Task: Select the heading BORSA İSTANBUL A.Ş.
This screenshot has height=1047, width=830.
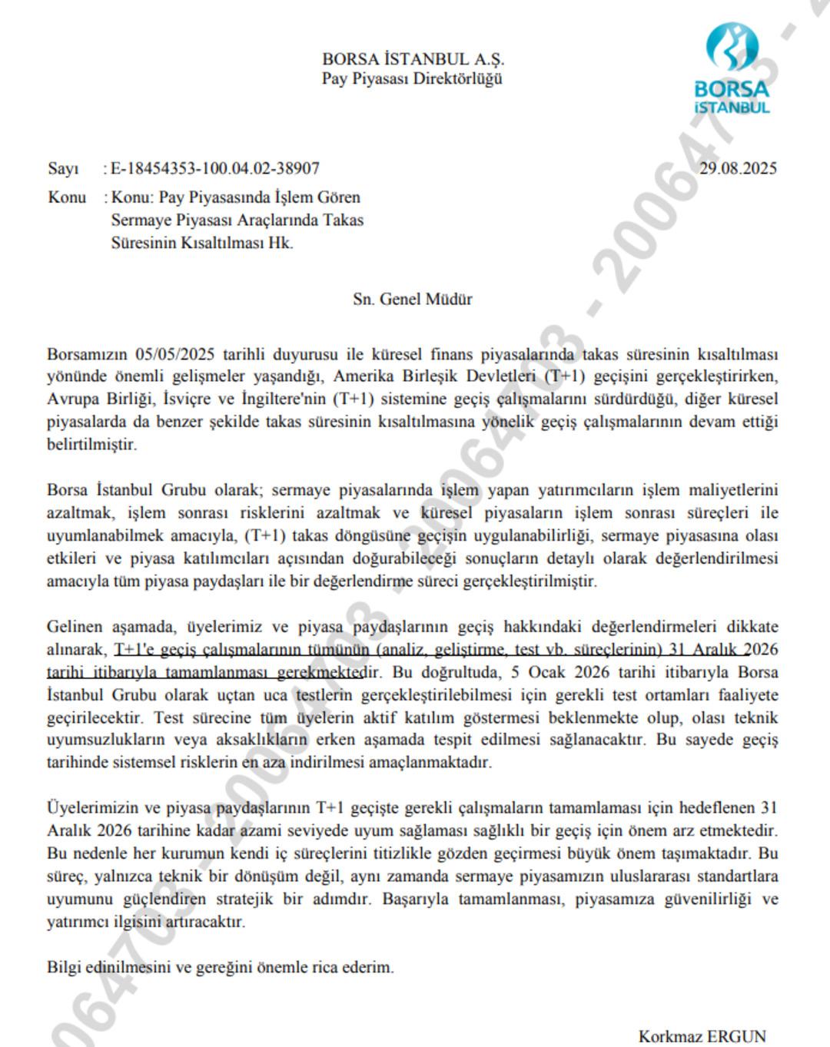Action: tap(413, 59)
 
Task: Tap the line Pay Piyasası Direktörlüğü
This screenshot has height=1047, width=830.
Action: tap(413, 79)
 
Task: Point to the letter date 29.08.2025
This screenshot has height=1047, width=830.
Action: tap(738, 168)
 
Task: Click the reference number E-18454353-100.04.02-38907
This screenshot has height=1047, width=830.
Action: tap(215, 168)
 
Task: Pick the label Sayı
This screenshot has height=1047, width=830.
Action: tap(63, 168)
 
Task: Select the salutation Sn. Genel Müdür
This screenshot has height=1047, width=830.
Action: tap(413, 300)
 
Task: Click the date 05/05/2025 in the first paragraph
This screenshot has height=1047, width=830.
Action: tap(174, 355)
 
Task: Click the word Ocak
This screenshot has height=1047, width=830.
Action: tap(549, 672)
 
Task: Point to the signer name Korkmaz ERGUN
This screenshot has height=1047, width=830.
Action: tap(702, 1036)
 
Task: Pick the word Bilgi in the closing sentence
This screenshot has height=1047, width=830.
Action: tap(64, 967)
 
